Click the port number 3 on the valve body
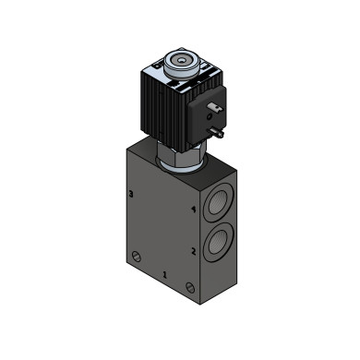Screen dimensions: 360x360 click(x=131, y=194)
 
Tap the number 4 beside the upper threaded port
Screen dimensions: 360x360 click(x=194, y=210)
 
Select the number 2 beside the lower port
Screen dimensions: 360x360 click(x=194, y=252)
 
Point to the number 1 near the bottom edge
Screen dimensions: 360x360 click(x=164, y=275)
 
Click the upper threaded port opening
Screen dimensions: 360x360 click(x=218, y=203)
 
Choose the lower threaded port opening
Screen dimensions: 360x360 click(x=218, y=243)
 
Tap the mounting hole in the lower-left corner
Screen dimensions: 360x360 click(x=137, y=256)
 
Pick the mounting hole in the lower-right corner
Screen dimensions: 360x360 click(x=190, y=288)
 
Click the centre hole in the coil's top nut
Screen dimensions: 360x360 click(x=181, y=61)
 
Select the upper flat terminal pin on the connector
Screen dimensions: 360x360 click(x=216, y=107)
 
